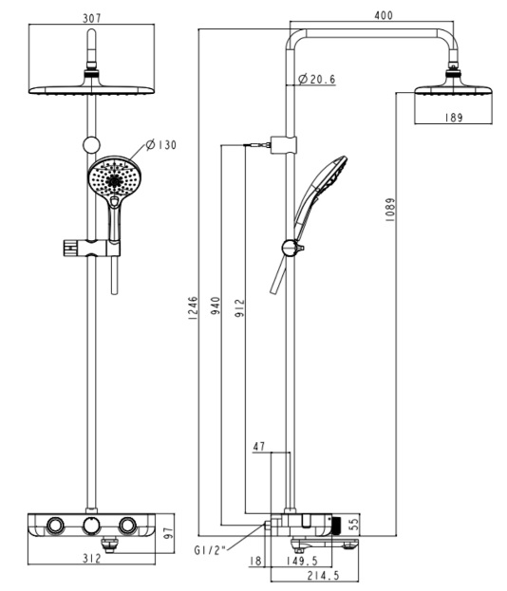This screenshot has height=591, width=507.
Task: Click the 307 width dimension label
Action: click(92, 17)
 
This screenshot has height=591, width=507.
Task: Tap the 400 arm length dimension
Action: click(384, 16)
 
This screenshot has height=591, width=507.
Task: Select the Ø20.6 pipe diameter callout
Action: click(318, 80)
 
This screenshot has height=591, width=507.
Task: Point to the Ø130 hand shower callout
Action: click(161, 145)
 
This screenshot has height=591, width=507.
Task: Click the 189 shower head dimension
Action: click(455, 119)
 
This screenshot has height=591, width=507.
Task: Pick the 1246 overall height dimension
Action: click(193, 309)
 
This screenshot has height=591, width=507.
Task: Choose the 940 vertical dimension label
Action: click(216, 306)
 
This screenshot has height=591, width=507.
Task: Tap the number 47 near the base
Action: click(260, 444)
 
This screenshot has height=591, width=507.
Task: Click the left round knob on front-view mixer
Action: click(54, 526)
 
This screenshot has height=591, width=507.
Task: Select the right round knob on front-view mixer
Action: click(128, 526)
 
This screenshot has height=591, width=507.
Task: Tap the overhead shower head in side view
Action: click(455, 90)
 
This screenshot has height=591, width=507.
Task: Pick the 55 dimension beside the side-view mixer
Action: click(354, 523)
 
